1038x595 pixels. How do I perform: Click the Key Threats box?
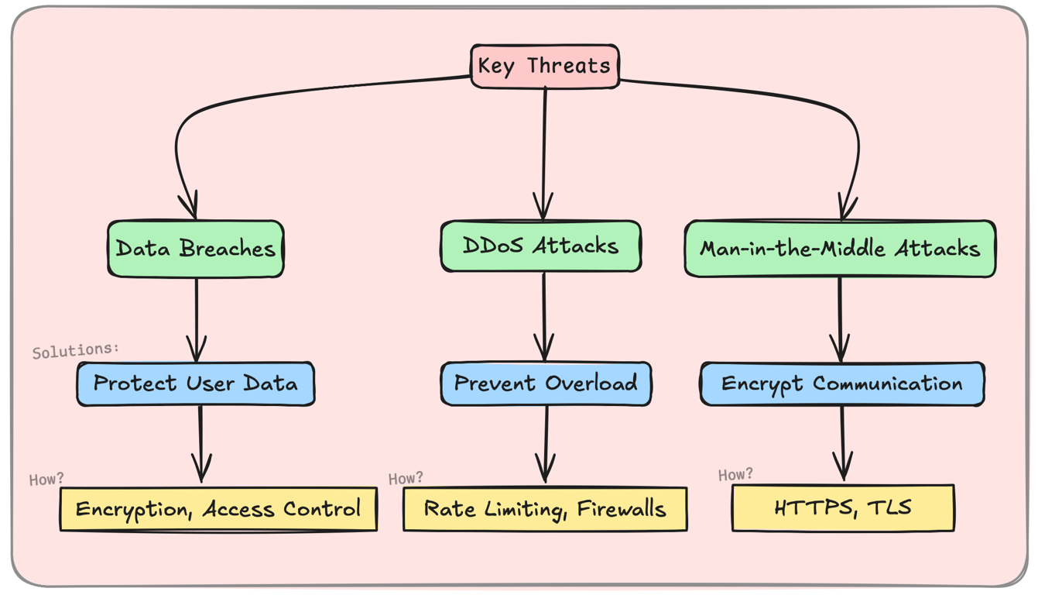point(544,66)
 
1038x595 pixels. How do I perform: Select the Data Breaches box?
point(195,249)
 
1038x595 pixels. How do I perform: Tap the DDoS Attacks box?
point(540,246)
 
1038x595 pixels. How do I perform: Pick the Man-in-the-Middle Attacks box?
point(840,249)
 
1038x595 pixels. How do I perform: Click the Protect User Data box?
point(195,383)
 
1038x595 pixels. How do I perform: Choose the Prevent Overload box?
point(545,383)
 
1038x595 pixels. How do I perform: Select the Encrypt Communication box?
point(841,383)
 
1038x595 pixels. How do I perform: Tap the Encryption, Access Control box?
point(218,509)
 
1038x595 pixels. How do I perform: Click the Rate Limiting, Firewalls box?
point(544,509)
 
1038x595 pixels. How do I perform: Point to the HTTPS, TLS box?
point(842,508)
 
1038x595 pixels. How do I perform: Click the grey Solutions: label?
point(76,350)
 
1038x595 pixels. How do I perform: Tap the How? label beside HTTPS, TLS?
point(735,474)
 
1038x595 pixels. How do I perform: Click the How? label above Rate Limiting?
point(406,478)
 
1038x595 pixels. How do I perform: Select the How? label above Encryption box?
point(46,480)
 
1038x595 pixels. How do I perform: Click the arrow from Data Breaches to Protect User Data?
point(197,318)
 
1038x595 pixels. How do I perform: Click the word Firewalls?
point(622,509)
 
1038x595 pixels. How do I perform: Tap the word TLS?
point(889,508)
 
